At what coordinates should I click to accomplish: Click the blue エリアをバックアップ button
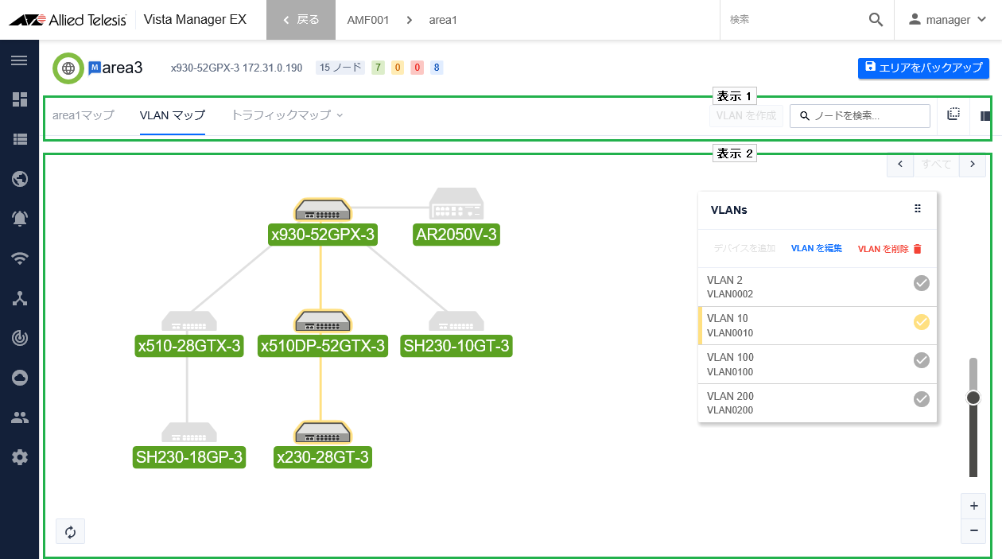click(922, 68)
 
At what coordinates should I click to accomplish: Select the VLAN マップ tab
click(173, 115)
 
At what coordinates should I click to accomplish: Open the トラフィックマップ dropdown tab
click(287, 115)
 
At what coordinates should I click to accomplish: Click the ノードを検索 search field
click(860, 116)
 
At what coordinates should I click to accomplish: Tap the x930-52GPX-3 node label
click(323, 235)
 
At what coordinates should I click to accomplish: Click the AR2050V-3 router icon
click(456, 204)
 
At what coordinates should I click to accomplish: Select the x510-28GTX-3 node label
click(188, 346)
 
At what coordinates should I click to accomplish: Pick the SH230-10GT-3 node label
click(456, 346)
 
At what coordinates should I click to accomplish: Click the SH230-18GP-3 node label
click(188, 457)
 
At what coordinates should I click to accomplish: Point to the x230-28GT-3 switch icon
click(323, 432)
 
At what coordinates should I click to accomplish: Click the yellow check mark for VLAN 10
click(922, 322)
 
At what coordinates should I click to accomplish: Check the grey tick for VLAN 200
click(922, 399)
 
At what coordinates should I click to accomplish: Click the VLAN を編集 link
click(817, 249)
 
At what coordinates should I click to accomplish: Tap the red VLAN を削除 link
click(889, 249)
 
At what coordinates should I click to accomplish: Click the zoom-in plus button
click(973, 506)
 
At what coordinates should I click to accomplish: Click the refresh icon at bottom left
click(70, 532)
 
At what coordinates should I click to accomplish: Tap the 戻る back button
click(301, 20)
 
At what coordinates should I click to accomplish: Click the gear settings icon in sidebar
click(20, 457)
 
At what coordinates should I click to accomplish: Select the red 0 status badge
click(417, 68)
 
